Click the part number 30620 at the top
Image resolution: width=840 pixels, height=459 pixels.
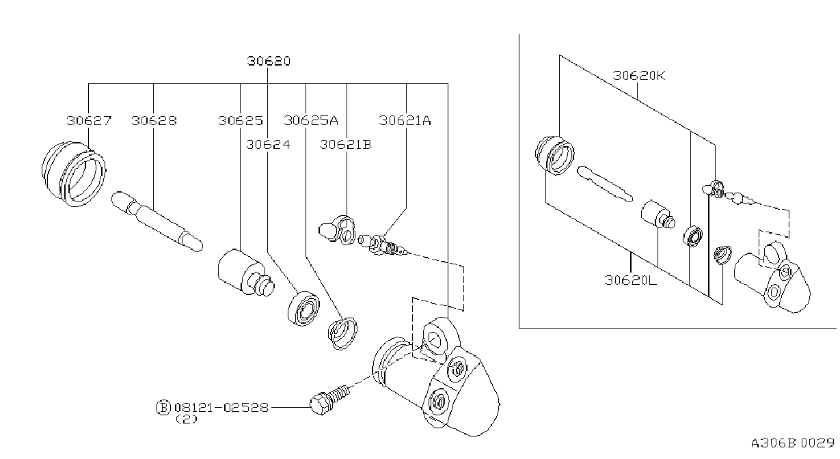[269, 61]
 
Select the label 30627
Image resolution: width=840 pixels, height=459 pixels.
[89, 121]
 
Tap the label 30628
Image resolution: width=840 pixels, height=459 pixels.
[154, 121]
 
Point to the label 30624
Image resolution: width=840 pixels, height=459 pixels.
[268, 145]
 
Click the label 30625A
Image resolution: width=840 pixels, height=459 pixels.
[310, 121]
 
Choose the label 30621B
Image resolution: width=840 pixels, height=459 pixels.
[345, 145]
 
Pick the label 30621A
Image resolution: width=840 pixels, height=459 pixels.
[405, 121]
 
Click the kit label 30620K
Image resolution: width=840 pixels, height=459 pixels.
[638, 76]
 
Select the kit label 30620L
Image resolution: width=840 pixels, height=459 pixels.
[630, 280]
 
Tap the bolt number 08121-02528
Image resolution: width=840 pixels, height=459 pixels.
[221, 408]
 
